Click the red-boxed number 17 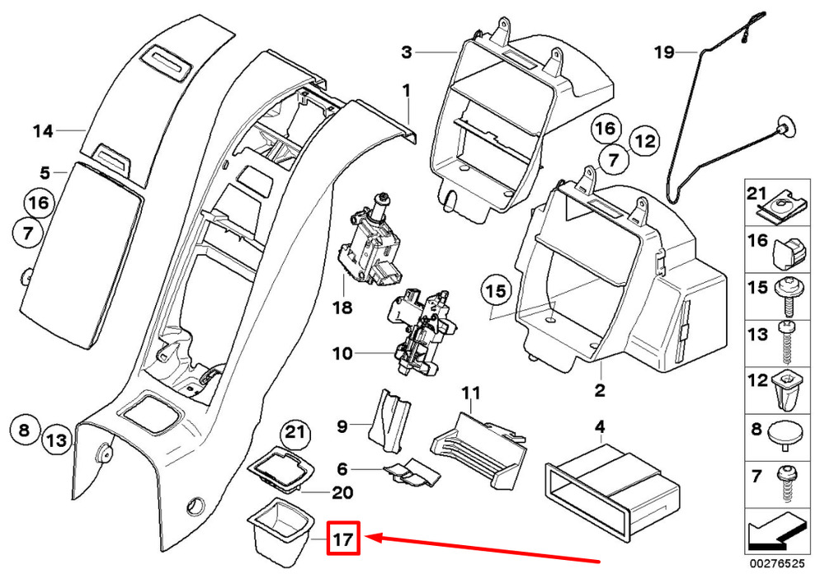[x=343, y=539]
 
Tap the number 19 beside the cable [x=664, y=53]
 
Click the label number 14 [x=43, y=130]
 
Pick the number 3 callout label [x=406, y=53]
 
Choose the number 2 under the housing [x=600, y=390]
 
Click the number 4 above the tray [x=600, y=426]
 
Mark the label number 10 [x=342, y=354]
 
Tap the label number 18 [x=342, y=308]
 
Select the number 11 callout [x=470, y=393]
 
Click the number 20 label [x=342, y=493]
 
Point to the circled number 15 [x=494, y=291]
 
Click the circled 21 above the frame [x=294, y=431]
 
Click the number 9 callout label [x=342, y=426]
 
